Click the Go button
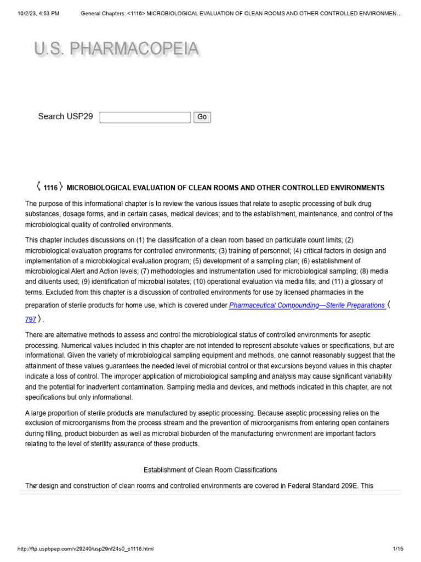[x=202, y=117]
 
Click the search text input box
[x=145, y=117]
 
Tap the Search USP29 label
[x=65, y=116]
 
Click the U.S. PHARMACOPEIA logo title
[x=116, y=49]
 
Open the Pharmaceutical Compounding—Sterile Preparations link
[x=306, y=306]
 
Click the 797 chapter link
[x=31, y=319]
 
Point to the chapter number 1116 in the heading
[x=50, y=188]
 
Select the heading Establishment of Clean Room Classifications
[x=210, y=470]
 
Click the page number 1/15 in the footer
[x=398, y=549]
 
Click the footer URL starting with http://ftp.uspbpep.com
[x=86, y=549]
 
